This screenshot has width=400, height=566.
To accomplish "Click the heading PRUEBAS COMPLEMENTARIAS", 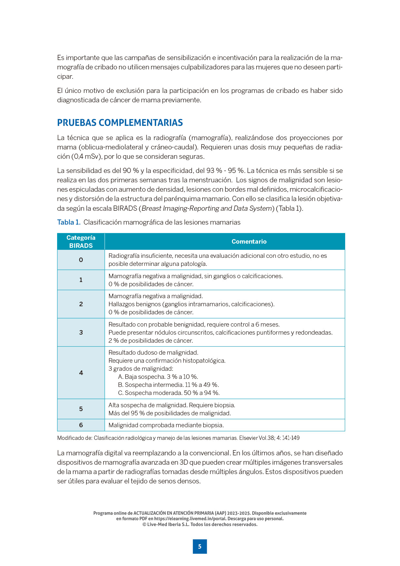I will click(120, 123).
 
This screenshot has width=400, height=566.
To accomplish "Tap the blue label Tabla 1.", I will click(69, 222).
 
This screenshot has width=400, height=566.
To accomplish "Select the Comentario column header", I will click(249, 241).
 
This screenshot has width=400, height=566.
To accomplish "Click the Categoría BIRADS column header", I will click(81, 241).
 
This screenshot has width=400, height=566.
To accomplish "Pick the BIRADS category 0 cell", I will click(81, 260).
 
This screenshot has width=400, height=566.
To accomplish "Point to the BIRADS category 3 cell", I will click(81, 332).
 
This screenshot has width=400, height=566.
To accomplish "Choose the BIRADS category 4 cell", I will click(81, 373).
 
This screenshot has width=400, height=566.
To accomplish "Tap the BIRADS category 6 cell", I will click(81, 425).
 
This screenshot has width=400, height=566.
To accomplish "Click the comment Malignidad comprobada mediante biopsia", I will click(166, 425).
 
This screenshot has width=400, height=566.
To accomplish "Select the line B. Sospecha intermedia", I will click(168, 385).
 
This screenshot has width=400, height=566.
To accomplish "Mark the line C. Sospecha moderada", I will click(169, 393).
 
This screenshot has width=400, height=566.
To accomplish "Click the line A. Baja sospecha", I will click(158, 377).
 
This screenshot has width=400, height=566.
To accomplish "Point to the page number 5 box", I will click(200, 546).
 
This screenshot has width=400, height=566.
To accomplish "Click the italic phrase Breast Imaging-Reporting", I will click(180, 208).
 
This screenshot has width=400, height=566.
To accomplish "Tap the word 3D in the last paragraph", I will click(184, 462).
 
